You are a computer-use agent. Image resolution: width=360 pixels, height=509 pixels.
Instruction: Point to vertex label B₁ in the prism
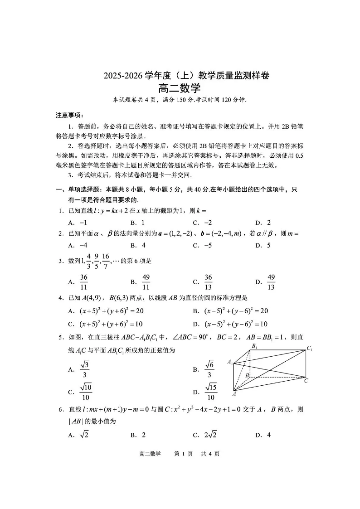(254, 346)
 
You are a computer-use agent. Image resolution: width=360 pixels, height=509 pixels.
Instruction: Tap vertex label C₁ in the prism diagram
(310, 349)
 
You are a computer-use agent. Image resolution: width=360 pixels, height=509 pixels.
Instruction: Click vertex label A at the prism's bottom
(234, 394)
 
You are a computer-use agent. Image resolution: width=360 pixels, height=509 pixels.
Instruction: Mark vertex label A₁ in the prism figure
(230, 362)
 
